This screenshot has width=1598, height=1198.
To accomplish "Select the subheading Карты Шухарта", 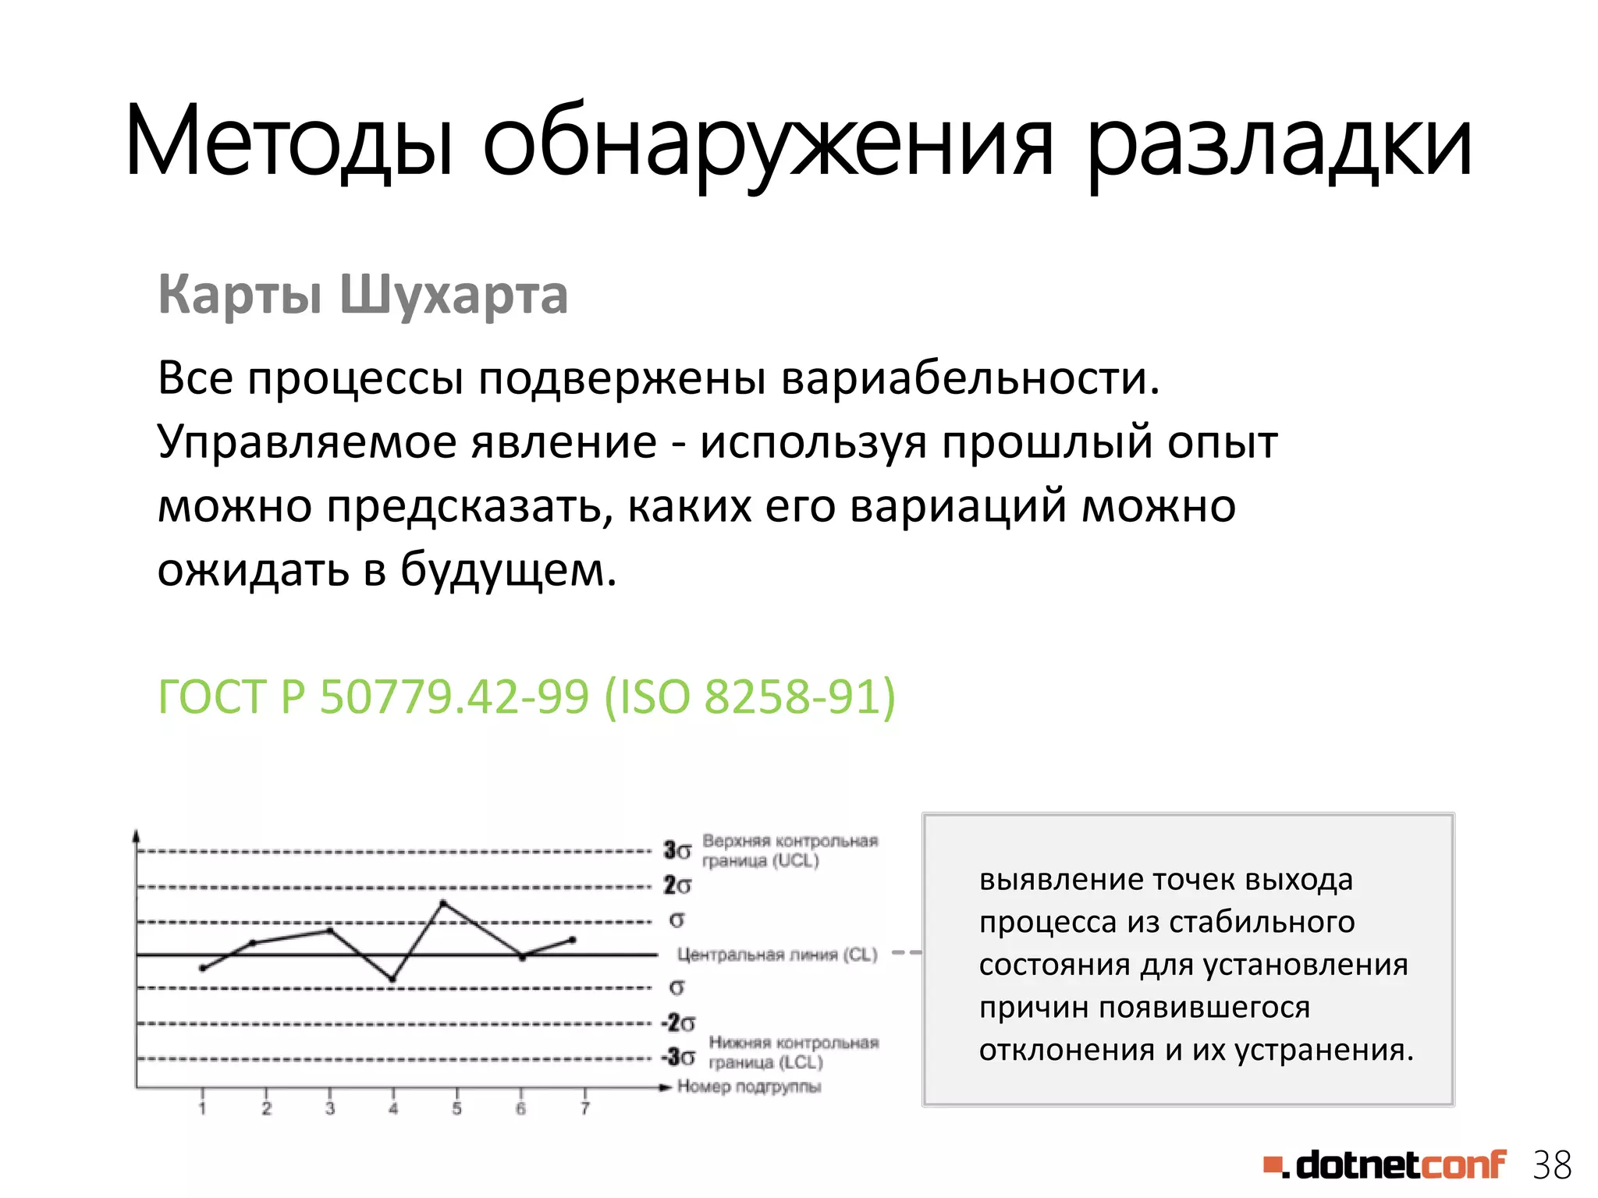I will click(363, 295).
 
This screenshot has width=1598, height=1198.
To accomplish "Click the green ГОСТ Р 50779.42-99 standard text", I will click(527, 696).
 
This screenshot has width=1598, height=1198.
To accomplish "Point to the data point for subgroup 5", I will click(443, 903).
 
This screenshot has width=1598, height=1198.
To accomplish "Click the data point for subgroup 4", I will click(392, 979).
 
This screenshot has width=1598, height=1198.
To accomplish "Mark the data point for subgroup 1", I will click(203, 968).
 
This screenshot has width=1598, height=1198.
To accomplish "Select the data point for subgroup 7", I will click(573, 940).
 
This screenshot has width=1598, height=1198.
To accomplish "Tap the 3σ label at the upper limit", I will click(676, 850).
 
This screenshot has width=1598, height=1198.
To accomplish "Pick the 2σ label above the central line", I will click(677, 885).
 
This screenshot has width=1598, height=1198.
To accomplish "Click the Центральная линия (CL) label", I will click(777, 955).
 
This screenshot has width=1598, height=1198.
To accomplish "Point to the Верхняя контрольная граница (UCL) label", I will click(790, 851).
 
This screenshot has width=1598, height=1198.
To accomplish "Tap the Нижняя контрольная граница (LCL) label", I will click(794, 1053).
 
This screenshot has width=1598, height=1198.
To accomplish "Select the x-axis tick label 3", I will click(330, 1108).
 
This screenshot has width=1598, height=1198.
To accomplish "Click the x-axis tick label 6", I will click(520, 1108).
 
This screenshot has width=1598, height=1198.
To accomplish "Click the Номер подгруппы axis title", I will click(749, 1086).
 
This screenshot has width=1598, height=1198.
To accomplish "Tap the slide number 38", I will click(1551, 1165).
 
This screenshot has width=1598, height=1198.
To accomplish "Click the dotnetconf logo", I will click(1385, 1165).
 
